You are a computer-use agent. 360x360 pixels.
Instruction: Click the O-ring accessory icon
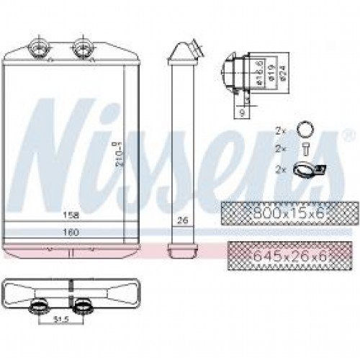coord(305,131)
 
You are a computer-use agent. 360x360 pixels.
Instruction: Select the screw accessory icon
coord(305,150)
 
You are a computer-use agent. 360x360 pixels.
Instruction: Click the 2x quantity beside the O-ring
coord(281,131)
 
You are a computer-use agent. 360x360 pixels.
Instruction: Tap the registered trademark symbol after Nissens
coord(348,135)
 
